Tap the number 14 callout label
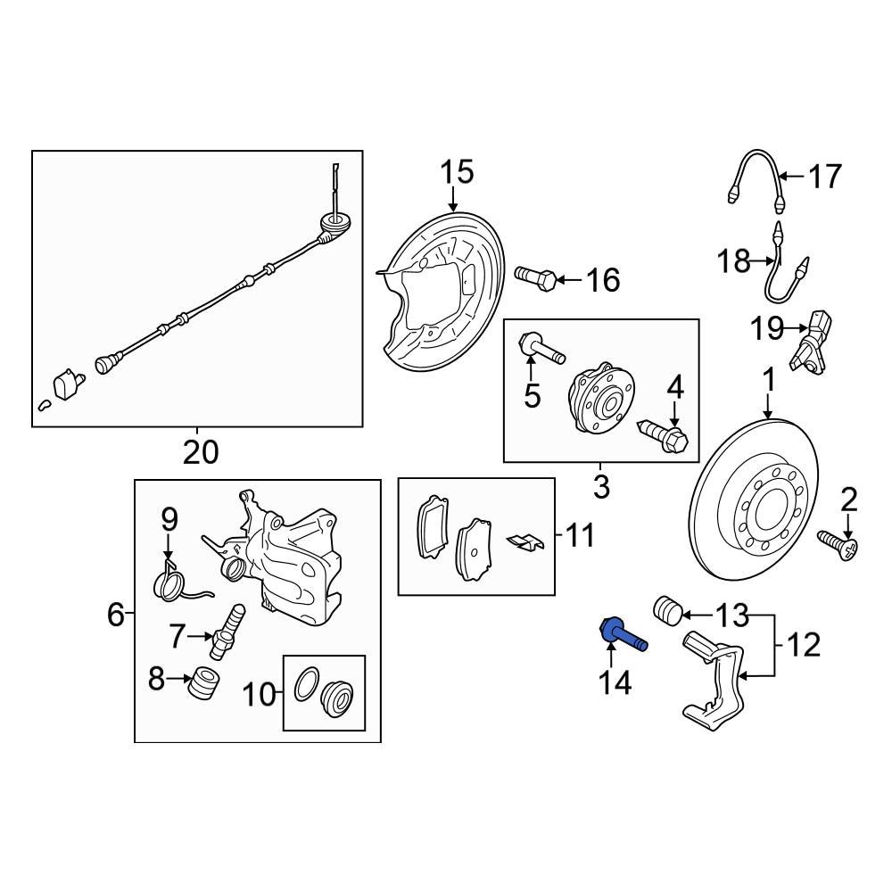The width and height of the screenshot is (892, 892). [615, 683]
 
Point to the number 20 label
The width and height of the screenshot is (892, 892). [200, 452]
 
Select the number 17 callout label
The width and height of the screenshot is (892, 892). [824, 177]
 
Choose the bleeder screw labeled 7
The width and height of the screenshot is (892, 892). [227, 628]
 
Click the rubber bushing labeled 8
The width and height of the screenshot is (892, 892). [205, 685]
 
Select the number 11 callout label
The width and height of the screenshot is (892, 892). [579, 536]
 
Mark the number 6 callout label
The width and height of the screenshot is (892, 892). [116, 614]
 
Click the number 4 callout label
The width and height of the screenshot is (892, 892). [675, 387]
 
